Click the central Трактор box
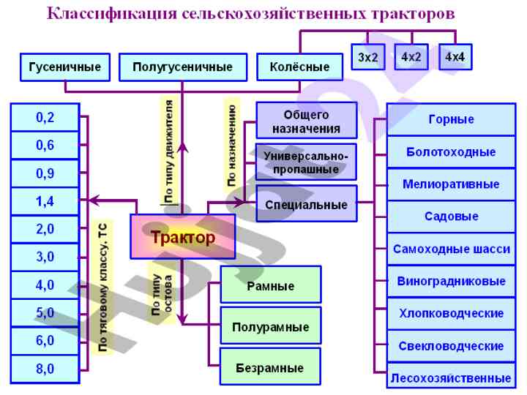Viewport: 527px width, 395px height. [x=183, y=237]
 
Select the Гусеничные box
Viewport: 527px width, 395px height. [x=65, y=67]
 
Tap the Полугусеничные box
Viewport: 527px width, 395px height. [x=183, y=67]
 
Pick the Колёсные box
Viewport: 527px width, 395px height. [x=300, y=67]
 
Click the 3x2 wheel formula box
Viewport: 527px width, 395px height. [x=368, y=56]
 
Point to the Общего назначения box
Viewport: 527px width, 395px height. [x=307, y=121]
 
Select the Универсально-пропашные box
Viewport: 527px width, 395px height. [x=307, y=162]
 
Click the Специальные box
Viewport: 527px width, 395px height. [x=307, y=204]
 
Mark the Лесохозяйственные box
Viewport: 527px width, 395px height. [x=450, y=378]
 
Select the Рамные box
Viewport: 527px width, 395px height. [x=270, y=285]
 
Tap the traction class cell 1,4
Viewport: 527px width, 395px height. [x=45, y=201]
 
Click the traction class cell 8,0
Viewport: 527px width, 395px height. [x=45, y=369]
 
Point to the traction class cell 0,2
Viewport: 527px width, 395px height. [x=45, y=117]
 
